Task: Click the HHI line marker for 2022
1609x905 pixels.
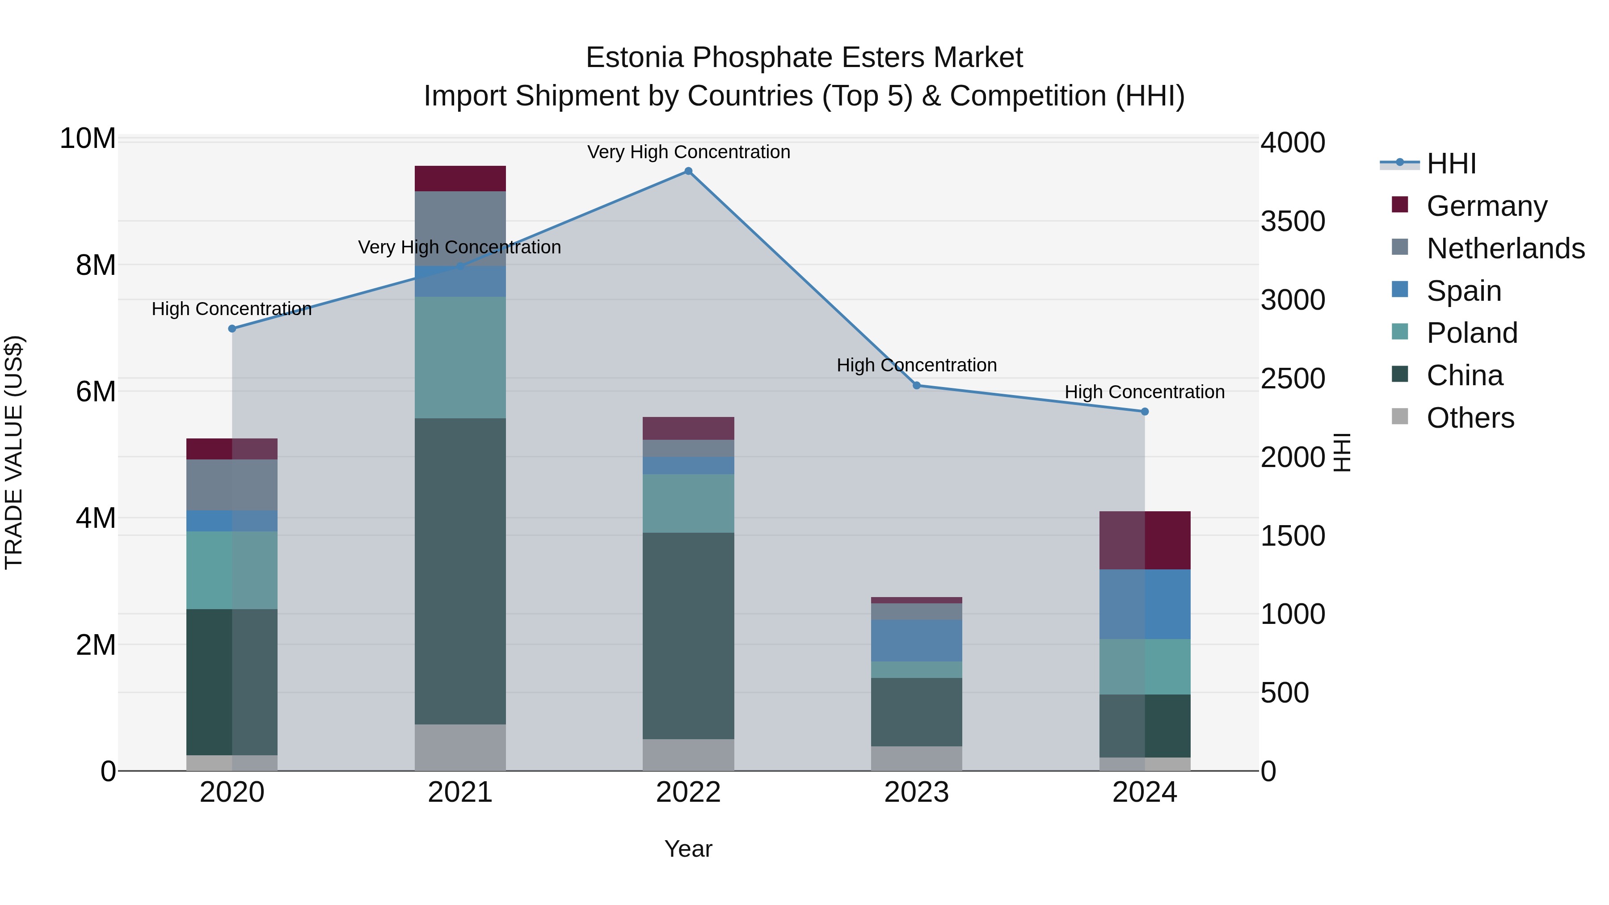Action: pyautogui.click(x=688, y=171)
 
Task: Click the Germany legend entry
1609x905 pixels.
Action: pyautogui.click(x=1487, y=206)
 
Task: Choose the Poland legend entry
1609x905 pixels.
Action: pyautogui.click(x=1472, y=333)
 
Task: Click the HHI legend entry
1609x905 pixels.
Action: pyautogui.click(x=1451, y=164)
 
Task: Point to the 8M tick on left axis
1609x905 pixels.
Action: pyautogui.click(x=96, y=265)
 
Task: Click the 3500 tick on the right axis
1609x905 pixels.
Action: pyautogui.click(x=1292, y=222)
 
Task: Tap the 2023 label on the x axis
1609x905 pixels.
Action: pyautogui.click(x=916, y=792)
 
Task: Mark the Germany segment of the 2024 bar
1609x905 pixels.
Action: pyautogui.click(x=1145, y=540)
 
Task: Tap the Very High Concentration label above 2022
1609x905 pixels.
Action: pyautogui.click(x=688, y=152)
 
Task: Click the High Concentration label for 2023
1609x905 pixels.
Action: pyautogui.click(x=916, y=366)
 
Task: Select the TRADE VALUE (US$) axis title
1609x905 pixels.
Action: pyautogui.click(x=14, y=452)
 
